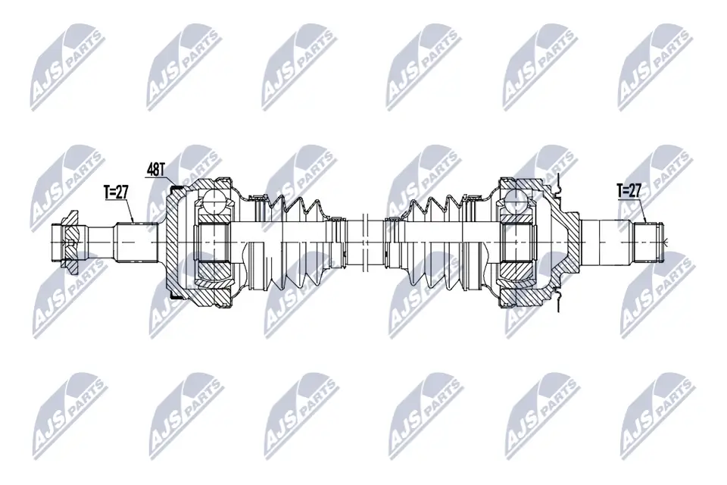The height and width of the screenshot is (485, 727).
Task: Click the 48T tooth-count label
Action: [155, 168]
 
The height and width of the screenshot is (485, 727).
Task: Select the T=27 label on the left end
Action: [116, 192]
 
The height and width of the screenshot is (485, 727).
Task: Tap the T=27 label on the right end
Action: [629, 190]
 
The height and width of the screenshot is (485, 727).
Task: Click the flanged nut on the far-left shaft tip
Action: [67, 242]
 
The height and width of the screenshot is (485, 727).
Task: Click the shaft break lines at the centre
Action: [364, 241]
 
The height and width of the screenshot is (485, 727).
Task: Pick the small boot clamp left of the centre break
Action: [338, 241]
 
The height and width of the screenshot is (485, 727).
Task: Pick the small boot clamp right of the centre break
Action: [392, 241]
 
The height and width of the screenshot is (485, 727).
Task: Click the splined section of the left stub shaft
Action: [136, 241]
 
